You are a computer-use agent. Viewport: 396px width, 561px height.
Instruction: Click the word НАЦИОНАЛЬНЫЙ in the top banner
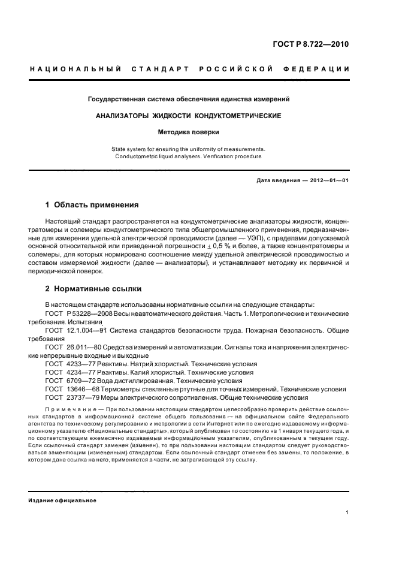(x=75, y=70)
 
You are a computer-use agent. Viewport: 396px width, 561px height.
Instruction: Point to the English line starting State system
(x=189, y=148)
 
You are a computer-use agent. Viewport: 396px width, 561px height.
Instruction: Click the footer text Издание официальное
(x=62, y=500)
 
